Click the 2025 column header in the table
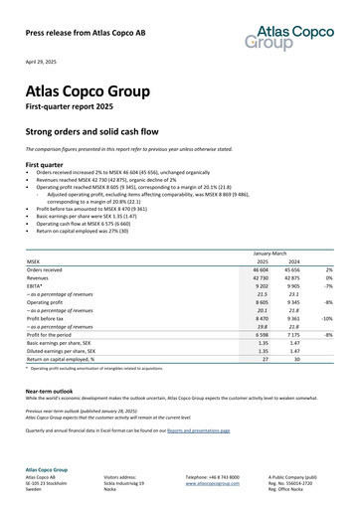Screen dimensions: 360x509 [x=263, y=260]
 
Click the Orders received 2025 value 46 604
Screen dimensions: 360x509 [x=260, y=269]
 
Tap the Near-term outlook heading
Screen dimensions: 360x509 [x=52, y=392]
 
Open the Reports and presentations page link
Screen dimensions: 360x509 [x=198, y=430]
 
